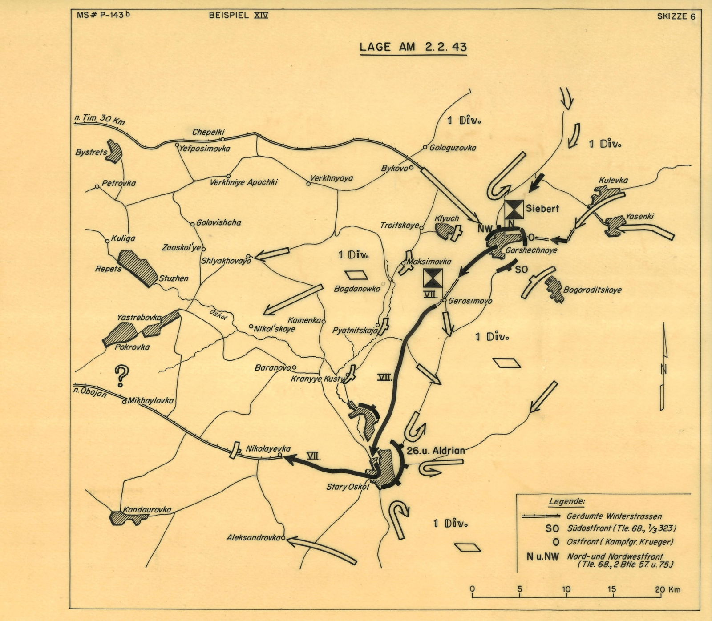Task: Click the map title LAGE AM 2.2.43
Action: click(413, 47)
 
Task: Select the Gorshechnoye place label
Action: click(531, 250)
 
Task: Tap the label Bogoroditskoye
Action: click(592, 290)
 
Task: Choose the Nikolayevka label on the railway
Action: click(268, 449)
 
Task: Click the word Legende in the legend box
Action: click(567, 501)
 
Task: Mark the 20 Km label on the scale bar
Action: click(668, 590)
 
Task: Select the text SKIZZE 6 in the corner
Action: click(676, 17)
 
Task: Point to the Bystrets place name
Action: click(91, 152)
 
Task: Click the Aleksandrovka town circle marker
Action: click(283, 537)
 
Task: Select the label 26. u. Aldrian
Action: click(435, 450)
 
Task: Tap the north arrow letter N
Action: click(663, 369)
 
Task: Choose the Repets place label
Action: click(108, 269)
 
